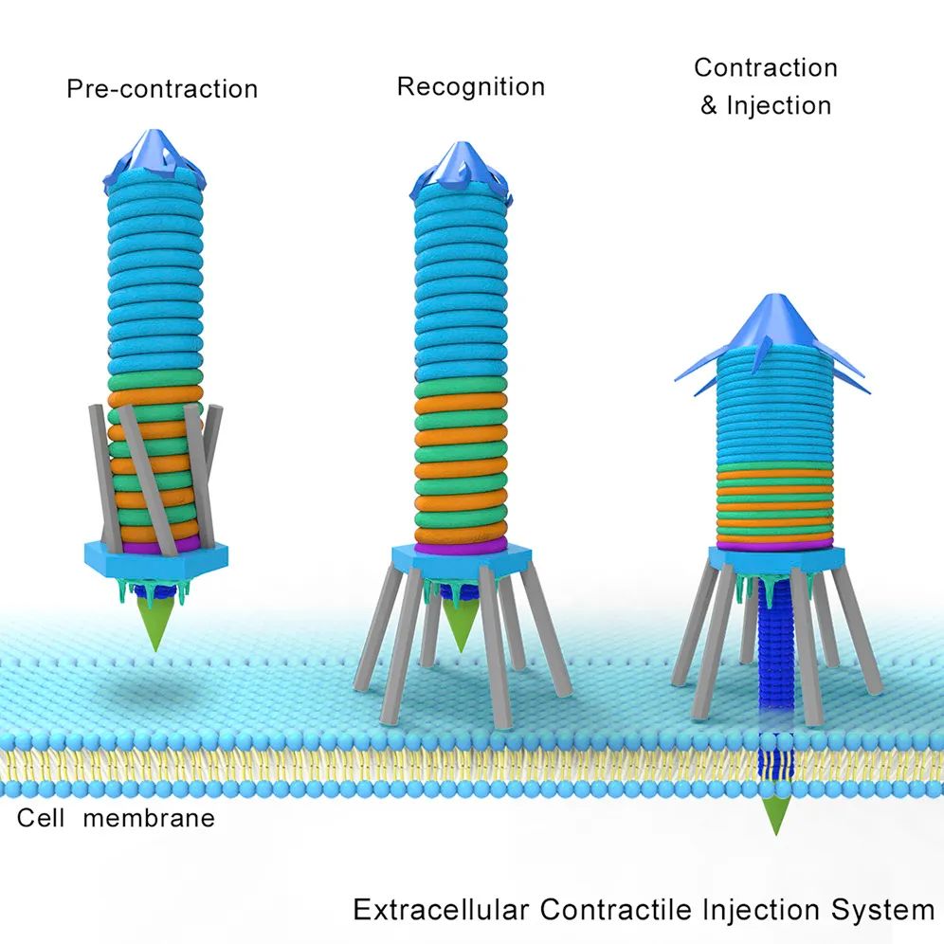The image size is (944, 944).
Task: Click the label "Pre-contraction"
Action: (162, 89)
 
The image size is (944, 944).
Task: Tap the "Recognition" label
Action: (471, 87)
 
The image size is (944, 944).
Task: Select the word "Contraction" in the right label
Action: (766, 68)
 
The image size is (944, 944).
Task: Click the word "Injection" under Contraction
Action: (778, 105)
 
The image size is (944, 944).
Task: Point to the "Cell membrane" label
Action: (116, 818)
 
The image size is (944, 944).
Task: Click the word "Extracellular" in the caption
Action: (441, 911)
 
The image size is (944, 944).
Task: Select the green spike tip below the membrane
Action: (776, 816)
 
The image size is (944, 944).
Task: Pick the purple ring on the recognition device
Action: (460, 547)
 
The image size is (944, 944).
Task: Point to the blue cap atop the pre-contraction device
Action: (155, 154)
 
